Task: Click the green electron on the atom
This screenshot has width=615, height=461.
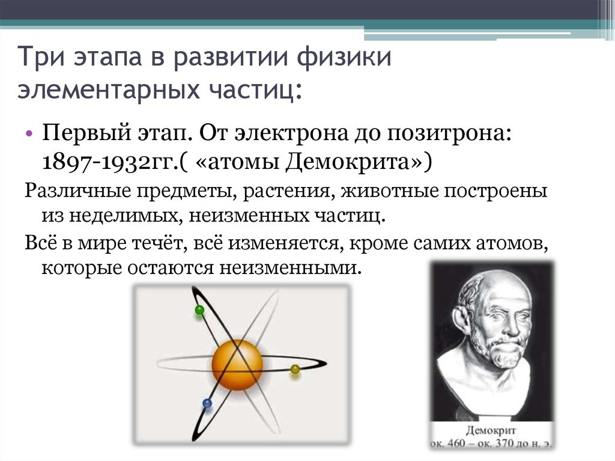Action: [199, 310]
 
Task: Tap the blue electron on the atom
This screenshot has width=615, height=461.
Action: [207, 403]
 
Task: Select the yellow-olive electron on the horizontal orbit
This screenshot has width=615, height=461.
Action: [295, 369]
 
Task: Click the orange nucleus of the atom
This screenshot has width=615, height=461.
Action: [237, 365]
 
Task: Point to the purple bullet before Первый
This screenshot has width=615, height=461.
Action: [29, 133]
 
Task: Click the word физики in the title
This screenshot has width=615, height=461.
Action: [344, 58]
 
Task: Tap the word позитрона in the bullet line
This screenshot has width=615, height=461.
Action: [449, 133]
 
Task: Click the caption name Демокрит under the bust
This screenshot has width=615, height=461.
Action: [491, 431]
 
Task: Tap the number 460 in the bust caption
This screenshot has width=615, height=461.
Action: [456, 444]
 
